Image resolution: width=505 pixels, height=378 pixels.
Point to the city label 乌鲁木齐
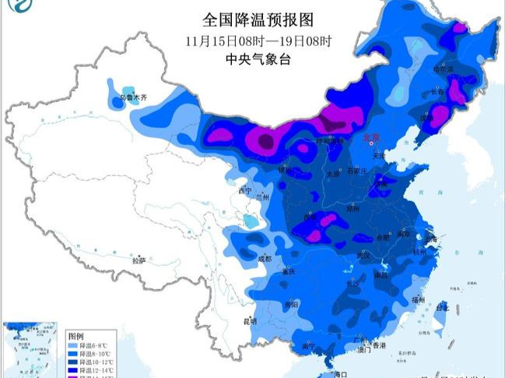coord(132,99)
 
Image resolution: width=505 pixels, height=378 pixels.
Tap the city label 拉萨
coord(139,260)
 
